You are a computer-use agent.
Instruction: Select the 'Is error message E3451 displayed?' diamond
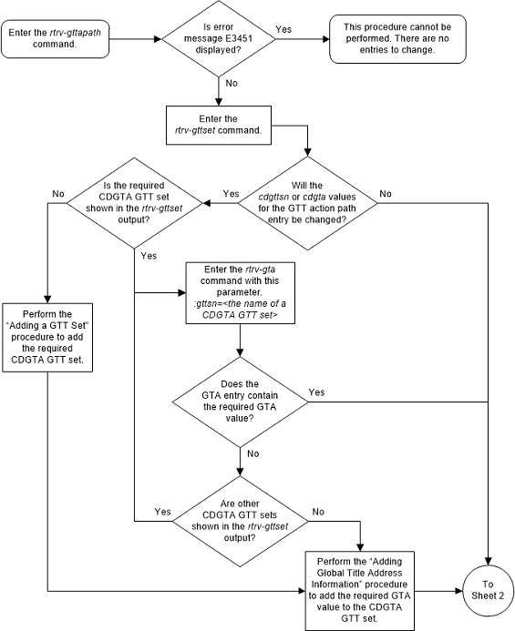click(219, 39)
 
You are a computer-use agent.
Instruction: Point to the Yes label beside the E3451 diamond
click(283, 29)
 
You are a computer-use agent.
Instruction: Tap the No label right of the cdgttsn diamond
click(385, 193)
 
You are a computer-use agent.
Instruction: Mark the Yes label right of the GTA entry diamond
click(316, 392)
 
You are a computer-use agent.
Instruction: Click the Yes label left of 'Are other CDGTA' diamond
click(163, 512)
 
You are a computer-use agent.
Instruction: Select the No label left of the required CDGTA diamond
click(59, 193)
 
